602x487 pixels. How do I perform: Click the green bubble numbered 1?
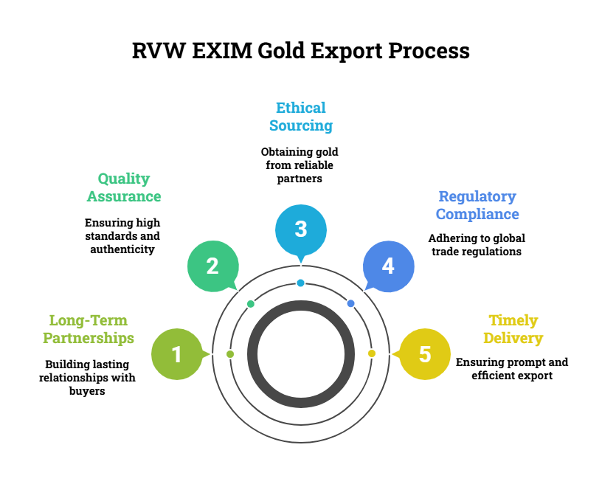click(x=177, y=354)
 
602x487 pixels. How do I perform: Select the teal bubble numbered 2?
click(x=212, y=266)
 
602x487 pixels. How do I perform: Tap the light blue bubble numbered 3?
click(x=301, y=229)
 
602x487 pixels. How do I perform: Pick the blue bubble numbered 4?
click(x=388, y=266)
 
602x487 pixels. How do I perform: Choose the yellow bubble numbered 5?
click(x=424, y=354)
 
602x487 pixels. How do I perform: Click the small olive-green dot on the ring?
click(x=230, y=354)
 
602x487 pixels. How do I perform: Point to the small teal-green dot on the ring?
click(x=251, y=304)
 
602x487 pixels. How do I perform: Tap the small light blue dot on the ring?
click(x=300, y=283)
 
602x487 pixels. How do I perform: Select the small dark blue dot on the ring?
click(x=350, y=303)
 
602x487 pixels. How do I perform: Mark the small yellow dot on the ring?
click(x=372, y=353)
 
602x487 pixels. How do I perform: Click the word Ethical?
click(x=301, y=108)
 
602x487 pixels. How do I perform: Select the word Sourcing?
click(x=301, y=125)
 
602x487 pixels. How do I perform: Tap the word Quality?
click(x=124, y=179)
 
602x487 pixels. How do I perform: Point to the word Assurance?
click(x=124, y=196)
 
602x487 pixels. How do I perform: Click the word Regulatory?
click(x=477, y=196)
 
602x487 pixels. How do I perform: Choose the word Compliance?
click(x=477, y=214)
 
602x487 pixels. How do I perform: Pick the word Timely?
click(x=513, y=320)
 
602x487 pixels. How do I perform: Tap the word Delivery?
click(x=513, y=339)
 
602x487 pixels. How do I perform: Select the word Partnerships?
click(x=89, y=338)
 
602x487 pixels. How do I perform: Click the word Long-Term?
click(x=89, y=320)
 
